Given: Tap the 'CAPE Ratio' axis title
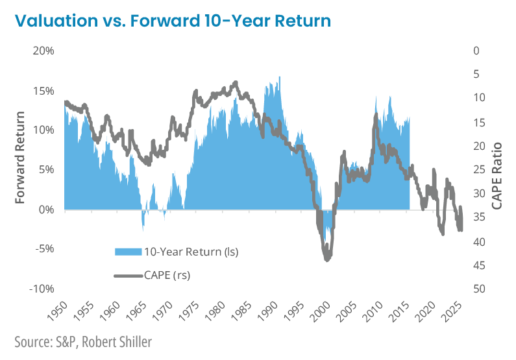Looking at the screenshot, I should tap(498, 167).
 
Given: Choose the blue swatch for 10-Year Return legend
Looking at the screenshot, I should tap(130, 252).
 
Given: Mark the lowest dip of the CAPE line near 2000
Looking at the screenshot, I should tap(326, 260).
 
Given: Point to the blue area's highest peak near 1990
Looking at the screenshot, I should tap(280, 77).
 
